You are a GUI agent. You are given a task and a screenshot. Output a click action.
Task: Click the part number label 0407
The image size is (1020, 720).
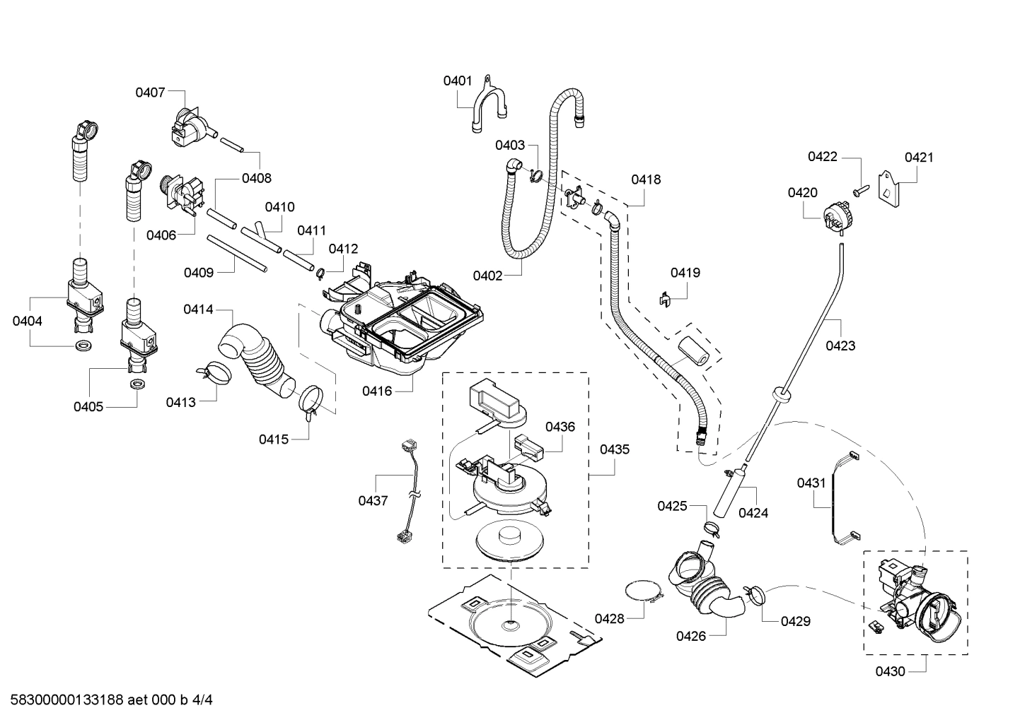[x=150, y=92]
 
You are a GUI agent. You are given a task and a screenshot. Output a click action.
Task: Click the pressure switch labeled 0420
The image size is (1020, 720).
[x=834, y=216]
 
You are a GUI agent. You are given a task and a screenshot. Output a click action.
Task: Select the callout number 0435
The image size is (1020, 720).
[x=614, y=449]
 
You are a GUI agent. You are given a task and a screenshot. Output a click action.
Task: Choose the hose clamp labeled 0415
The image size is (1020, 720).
[x=310, y=400]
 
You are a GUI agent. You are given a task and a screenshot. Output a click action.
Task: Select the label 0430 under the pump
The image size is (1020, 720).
[x=890, y=672]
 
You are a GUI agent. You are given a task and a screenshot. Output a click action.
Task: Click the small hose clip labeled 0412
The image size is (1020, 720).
[x=320, y=271]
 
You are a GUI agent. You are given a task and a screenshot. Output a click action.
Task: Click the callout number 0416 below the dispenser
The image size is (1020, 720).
[x=376, y=391]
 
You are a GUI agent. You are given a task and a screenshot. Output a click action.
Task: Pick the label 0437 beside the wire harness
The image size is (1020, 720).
[x=373, y=501]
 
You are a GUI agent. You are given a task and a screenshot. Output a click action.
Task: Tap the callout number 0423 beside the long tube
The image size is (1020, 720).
[x=840, y=346]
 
